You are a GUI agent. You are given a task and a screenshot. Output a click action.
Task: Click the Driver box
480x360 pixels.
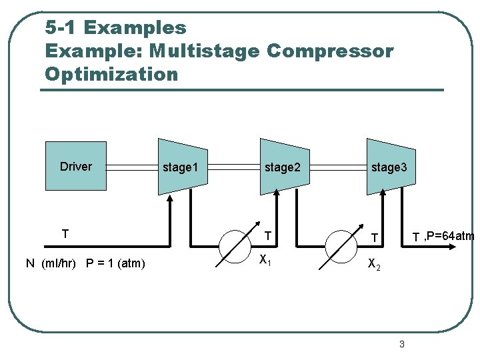[76, 166]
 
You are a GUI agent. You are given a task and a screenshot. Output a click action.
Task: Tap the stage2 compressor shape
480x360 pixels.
[284, 167]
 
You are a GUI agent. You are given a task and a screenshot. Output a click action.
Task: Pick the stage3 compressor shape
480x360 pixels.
[390, 167]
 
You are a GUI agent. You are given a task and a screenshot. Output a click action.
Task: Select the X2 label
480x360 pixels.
[375, 266]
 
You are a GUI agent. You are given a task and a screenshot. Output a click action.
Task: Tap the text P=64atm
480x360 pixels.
[449, 235]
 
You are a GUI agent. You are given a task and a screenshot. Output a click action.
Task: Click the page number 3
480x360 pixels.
[401, 344]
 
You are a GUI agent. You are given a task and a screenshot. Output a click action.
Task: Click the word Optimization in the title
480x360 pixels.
[111, 74]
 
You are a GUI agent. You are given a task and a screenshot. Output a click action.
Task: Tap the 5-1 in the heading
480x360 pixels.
[61, 28]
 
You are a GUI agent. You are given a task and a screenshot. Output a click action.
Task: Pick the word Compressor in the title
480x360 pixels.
[329, 51]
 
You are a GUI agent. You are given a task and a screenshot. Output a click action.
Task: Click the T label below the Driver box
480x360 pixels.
[65, 234]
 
